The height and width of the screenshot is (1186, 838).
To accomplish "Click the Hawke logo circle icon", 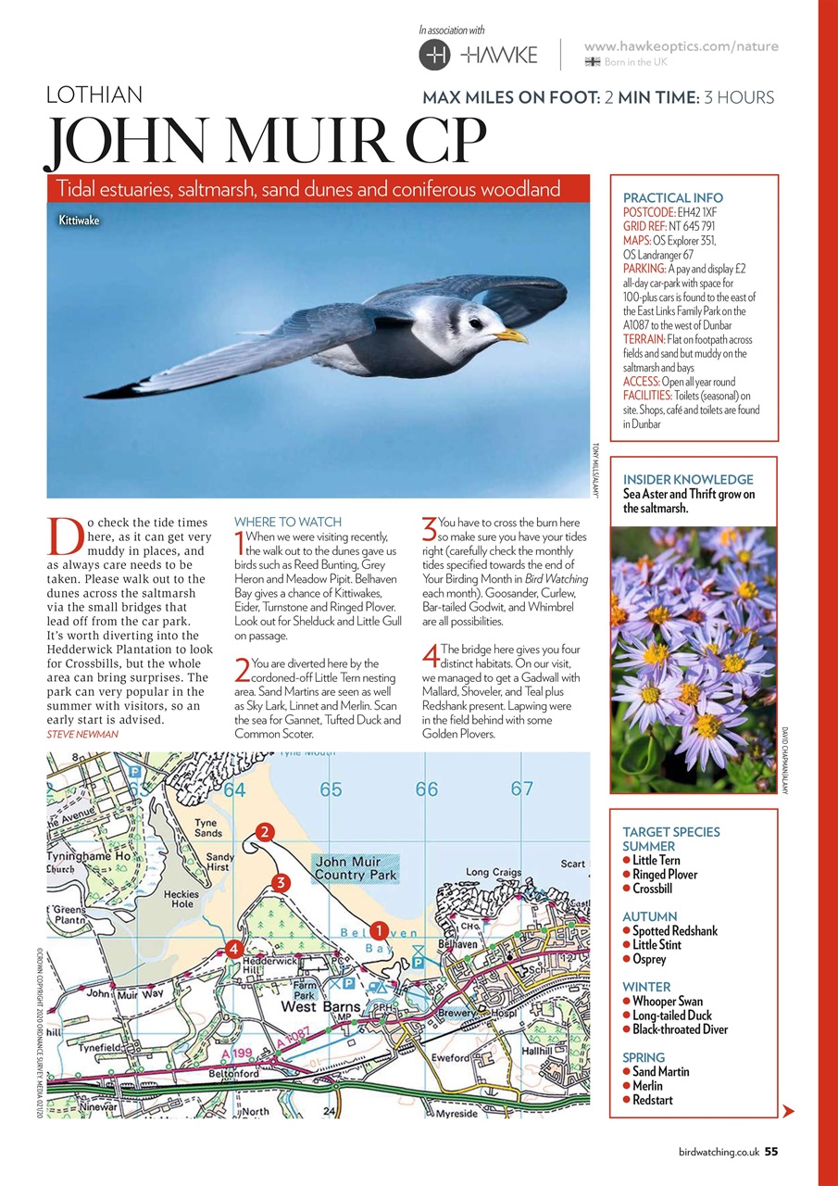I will point(435,55).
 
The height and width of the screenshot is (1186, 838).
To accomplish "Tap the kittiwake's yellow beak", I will point(512,334).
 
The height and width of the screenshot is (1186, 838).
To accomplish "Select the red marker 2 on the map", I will point(265,831).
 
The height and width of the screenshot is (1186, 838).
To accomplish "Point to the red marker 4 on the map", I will point(234,948).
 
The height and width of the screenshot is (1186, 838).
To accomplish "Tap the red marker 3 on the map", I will point(280,883).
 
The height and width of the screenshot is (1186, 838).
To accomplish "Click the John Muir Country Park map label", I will point(356,868).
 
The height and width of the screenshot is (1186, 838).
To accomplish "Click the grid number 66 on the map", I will point(426,790).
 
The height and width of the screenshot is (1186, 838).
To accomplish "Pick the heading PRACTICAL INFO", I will point(673,197).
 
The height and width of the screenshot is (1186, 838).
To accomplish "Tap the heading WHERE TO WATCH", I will point(288,523).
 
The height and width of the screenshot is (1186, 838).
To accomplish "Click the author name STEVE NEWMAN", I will point(83,734).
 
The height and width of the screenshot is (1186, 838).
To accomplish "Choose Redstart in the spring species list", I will point(652,1100).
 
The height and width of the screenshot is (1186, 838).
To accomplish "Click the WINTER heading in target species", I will point(646,987).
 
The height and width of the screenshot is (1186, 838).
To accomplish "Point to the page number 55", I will point(770,1153).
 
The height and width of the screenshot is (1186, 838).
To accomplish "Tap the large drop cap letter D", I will point(64,536).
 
